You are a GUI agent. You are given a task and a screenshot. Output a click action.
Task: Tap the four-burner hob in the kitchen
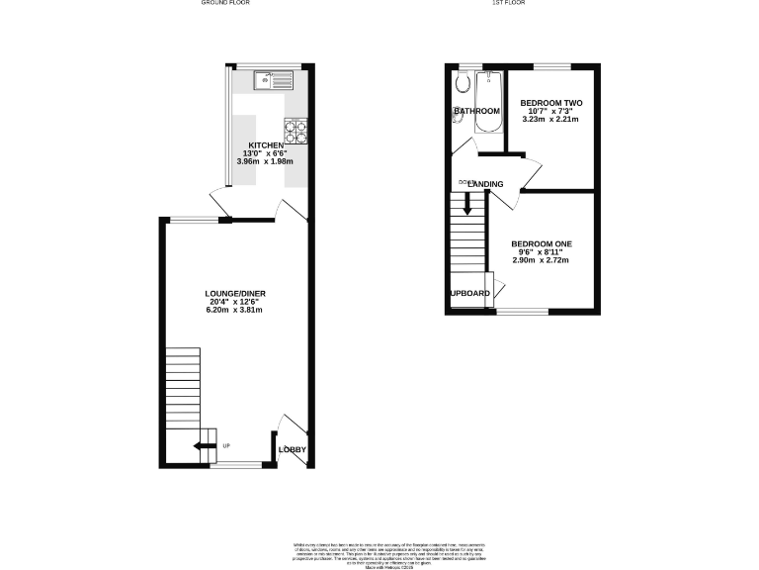point(295,127)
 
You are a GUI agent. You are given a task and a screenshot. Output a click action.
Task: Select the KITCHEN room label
point(266,145)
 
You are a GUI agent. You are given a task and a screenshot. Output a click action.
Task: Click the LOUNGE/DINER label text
point(235,294)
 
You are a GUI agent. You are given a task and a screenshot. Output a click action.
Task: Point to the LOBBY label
point(293,450)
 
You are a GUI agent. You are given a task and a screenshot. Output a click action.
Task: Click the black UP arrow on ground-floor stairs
point(206,447)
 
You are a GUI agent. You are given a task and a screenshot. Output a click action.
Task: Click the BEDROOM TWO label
point(551,103)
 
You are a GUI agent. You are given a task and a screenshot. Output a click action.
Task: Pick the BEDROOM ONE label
point(541,243)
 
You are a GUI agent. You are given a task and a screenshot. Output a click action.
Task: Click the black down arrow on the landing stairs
point(467,205)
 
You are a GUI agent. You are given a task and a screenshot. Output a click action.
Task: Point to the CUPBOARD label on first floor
point(470,293)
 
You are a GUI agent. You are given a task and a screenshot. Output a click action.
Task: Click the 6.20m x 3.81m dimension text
point(235,310)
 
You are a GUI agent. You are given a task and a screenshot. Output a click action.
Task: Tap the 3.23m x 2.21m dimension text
point(551,119)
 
